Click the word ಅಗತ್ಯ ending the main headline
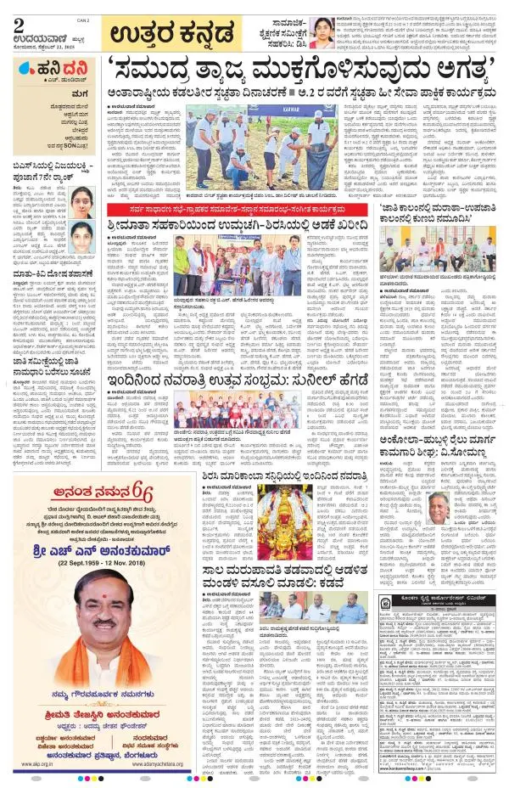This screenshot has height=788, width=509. (447, 67)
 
